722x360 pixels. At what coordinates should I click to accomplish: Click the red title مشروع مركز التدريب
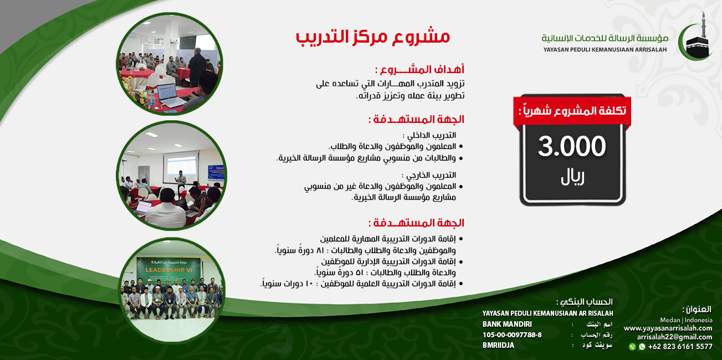coord(372,37)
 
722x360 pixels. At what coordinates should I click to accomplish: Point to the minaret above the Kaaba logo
coord(703,22)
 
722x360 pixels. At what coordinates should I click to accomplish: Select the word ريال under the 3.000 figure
coord(572,178)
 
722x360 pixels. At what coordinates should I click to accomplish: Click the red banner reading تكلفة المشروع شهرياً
coord(572,110)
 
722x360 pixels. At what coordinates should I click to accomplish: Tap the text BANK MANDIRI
coord(507,324)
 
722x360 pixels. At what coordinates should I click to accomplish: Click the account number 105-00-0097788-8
coord(512,335)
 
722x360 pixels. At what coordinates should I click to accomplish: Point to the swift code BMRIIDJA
coord(498,345)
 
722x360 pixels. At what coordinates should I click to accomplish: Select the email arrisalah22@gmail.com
coord(674,337)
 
